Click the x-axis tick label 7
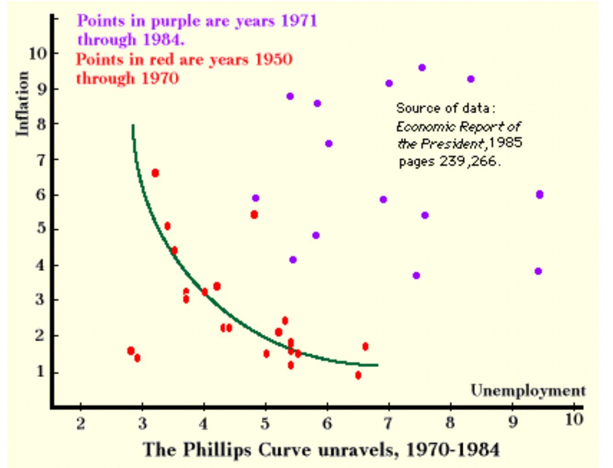click(388, 423)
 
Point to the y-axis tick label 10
click(38, 54)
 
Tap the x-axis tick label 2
click(81, 423)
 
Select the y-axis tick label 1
click(41, 371)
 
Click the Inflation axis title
click(22, 104)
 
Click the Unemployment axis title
click(528, 390)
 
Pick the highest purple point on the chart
click(422, 68)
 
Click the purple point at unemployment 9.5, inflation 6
click(539, 195)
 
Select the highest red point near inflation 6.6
click(155, 173)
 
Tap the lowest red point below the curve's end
click(358, 375)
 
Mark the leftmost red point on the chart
click(131, 351)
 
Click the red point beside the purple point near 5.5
click(254, 215)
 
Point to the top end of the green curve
click(133, 125)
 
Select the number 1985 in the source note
click(505, 143)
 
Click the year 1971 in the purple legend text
click(299, 21)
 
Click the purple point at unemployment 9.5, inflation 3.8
click(538, 271)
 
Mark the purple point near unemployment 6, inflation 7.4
click(329, 144)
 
